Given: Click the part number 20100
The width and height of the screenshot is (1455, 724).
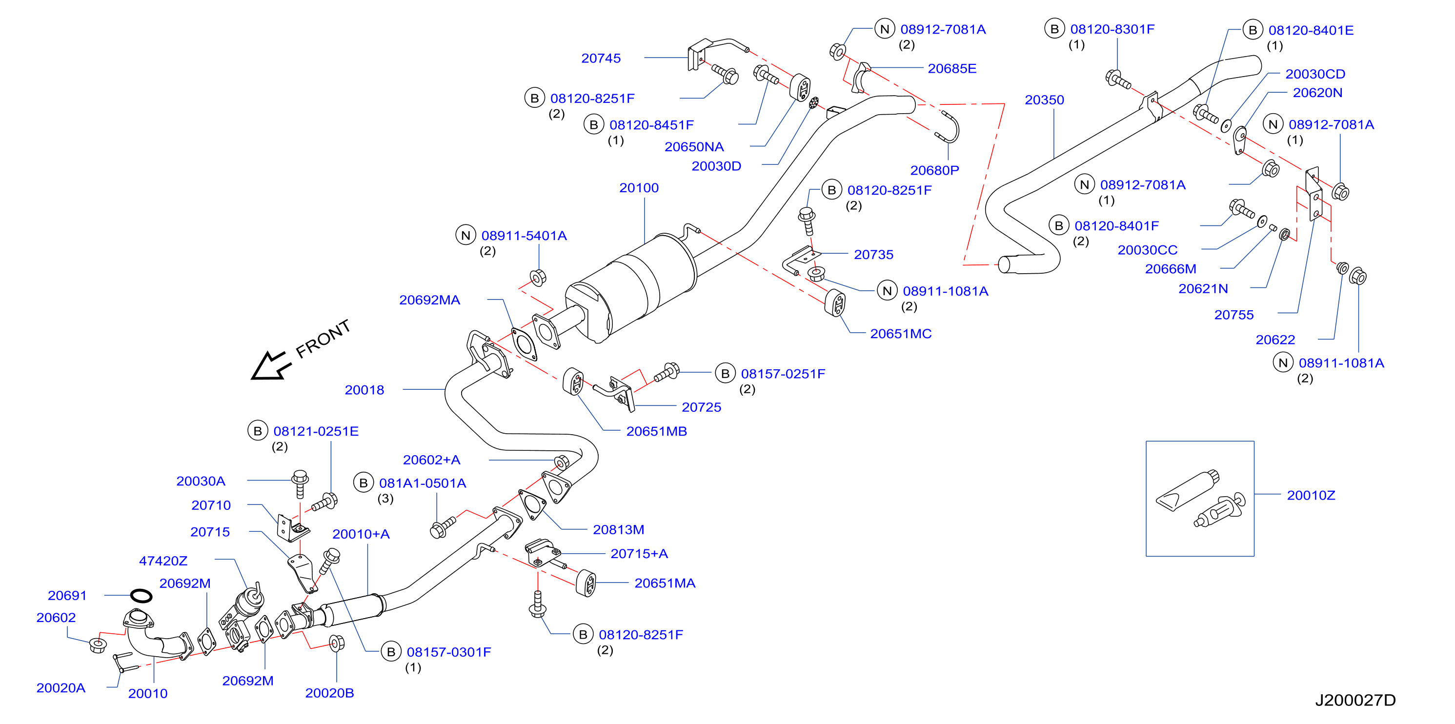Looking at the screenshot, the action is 639,188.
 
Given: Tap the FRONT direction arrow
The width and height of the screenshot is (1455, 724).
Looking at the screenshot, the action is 272,365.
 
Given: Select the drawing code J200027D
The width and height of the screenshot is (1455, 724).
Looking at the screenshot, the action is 1355,700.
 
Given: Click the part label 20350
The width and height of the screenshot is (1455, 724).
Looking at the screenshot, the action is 1044,100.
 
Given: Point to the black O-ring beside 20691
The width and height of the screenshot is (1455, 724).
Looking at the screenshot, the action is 141,596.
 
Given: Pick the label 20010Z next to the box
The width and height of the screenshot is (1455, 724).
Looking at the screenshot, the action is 1311,495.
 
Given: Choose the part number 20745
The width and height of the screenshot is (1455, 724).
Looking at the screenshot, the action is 601,58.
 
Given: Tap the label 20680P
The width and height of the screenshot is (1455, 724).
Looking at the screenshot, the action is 935,170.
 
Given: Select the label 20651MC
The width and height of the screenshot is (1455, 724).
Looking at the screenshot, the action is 901,334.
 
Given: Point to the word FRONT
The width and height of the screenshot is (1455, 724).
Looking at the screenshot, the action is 323,339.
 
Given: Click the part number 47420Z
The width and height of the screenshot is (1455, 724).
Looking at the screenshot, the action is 163,561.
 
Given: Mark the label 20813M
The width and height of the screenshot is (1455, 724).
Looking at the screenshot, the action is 619,530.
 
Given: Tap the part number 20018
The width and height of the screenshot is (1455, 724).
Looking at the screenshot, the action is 364,390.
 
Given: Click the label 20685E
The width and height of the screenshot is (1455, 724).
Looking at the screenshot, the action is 952,68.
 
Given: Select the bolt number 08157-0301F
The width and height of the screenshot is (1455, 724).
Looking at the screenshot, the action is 449,652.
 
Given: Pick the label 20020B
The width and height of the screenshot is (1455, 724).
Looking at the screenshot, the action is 329,693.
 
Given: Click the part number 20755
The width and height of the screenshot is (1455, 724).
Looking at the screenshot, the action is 1234,315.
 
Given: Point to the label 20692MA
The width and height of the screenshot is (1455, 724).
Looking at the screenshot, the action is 430,300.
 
